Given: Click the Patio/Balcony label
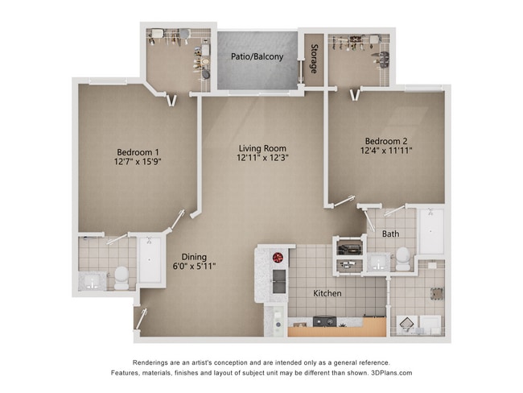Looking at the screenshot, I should (x=257, y=57).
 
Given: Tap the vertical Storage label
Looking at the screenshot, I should (x=314, y=59).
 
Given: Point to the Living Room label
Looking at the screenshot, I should (x=262, y=148).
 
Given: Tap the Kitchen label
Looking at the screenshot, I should (x=327, y=293).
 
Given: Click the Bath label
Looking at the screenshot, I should (x=390, y=234).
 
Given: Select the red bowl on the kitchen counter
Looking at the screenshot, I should (x=278, y=258).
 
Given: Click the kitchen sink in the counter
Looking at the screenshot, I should (x=278, y=281).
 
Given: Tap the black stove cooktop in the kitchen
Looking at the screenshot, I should (x=324, y=321).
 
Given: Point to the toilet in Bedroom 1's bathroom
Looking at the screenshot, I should (x=121, y=276).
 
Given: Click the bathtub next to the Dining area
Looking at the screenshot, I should (x=150, y=259).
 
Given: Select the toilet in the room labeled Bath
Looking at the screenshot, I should (x=402, y=257).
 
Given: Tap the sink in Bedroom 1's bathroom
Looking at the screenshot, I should (x=93, y=281).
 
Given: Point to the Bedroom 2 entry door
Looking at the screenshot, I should (x=344, y=201).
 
